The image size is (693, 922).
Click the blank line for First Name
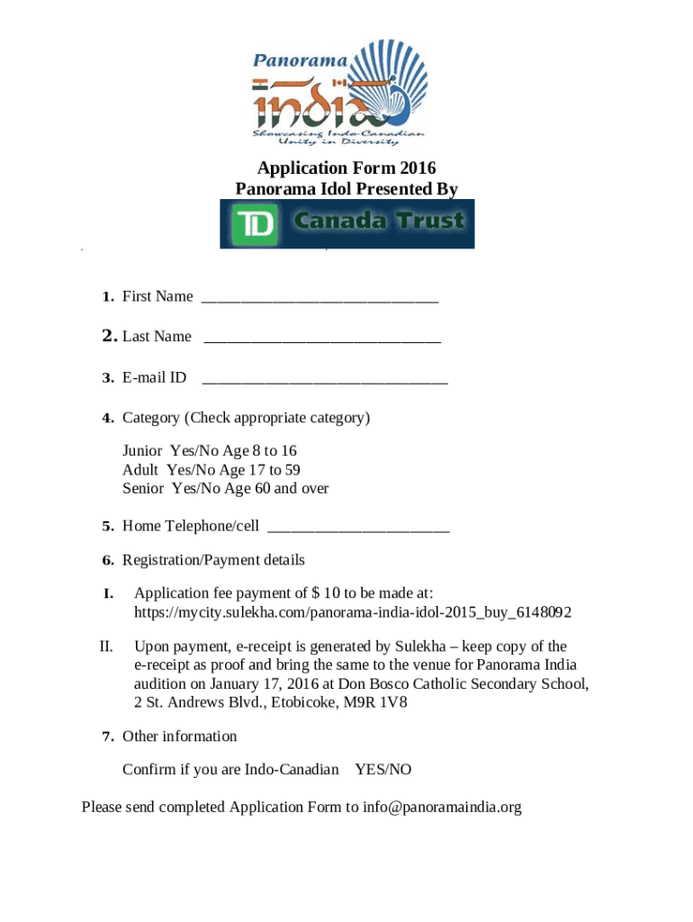(319, 298)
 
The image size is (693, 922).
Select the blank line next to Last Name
(322, 339)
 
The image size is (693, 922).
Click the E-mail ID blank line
(324, 380)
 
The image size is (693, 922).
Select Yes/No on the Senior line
(192, 489)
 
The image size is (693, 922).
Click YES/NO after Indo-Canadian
(383, 770)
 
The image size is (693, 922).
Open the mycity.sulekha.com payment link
(353, 612)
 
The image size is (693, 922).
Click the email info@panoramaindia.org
(443, 807)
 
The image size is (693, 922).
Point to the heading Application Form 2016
(346, 168)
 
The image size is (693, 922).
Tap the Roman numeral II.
(105, 646)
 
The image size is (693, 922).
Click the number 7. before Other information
(107, 737)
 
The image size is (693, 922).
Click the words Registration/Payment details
(213, 560)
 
